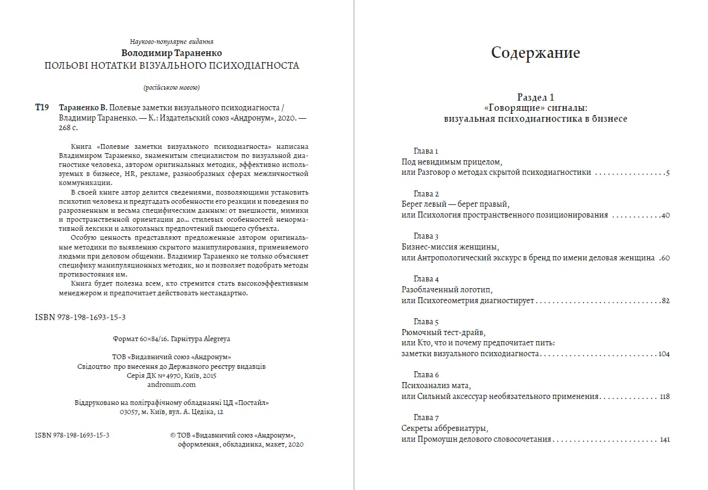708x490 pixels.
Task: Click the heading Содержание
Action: click(x=536, y=53)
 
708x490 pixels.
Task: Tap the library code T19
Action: click(x=42, y=107)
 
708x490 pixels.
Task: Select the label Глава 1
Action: click(x=426, y=151)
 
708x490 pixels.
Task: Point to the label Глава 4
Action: click(x=426, y=279)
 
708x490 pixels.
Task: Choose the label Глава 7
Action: click(x=426, y=418)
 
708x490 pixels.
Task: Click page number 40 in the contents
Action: click(x=665, y=215)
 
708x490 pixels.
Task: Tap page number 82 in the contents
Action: click(x=665, y=301)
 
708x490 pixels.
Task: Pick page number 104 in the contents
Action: click(x=664, y=354)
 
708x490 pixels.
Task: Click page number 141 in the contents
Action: click(x=665, y=439)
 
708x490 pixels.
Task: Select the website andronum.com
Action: click(x=172, y=384)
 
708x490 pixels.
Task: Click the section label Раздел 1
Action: click(x=536, y=97)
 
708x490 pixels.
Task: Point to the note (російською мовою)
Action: click(x=172, y=87)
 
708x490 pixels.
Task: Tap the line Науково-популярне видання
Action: click(x=172, y=42)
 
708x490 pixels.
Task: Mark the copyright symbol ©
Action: click(x=174, y=435)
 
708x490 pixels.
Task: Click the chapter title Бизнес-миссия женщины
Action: click(x=450, y=247)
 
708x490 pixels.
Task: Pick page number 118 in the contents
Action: click(x=665, y=397)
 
